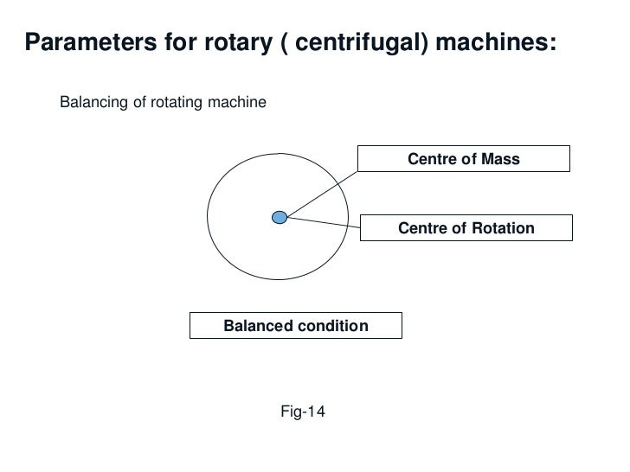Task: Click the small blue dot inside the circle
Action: coord(279,217)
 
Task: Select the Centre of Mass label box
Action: coord(465,159)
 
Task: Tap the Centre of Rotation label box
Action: coord(466,228)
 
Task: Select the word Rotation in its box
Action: coord(502,228)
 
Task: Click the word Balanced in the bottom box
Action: coord(255,326)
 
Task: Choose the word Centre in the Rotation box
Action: coord(421,228)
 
